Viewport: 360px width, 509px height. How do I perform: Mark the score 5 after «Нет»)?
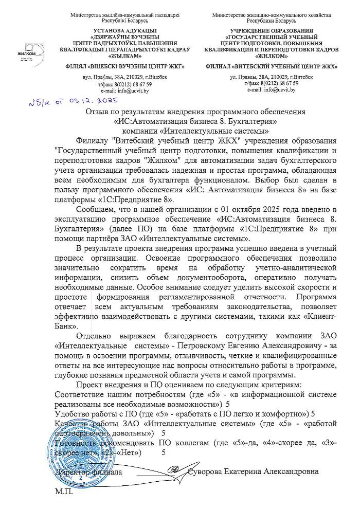164,452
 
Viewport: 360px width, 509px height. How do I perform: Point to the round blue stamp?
85,458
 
